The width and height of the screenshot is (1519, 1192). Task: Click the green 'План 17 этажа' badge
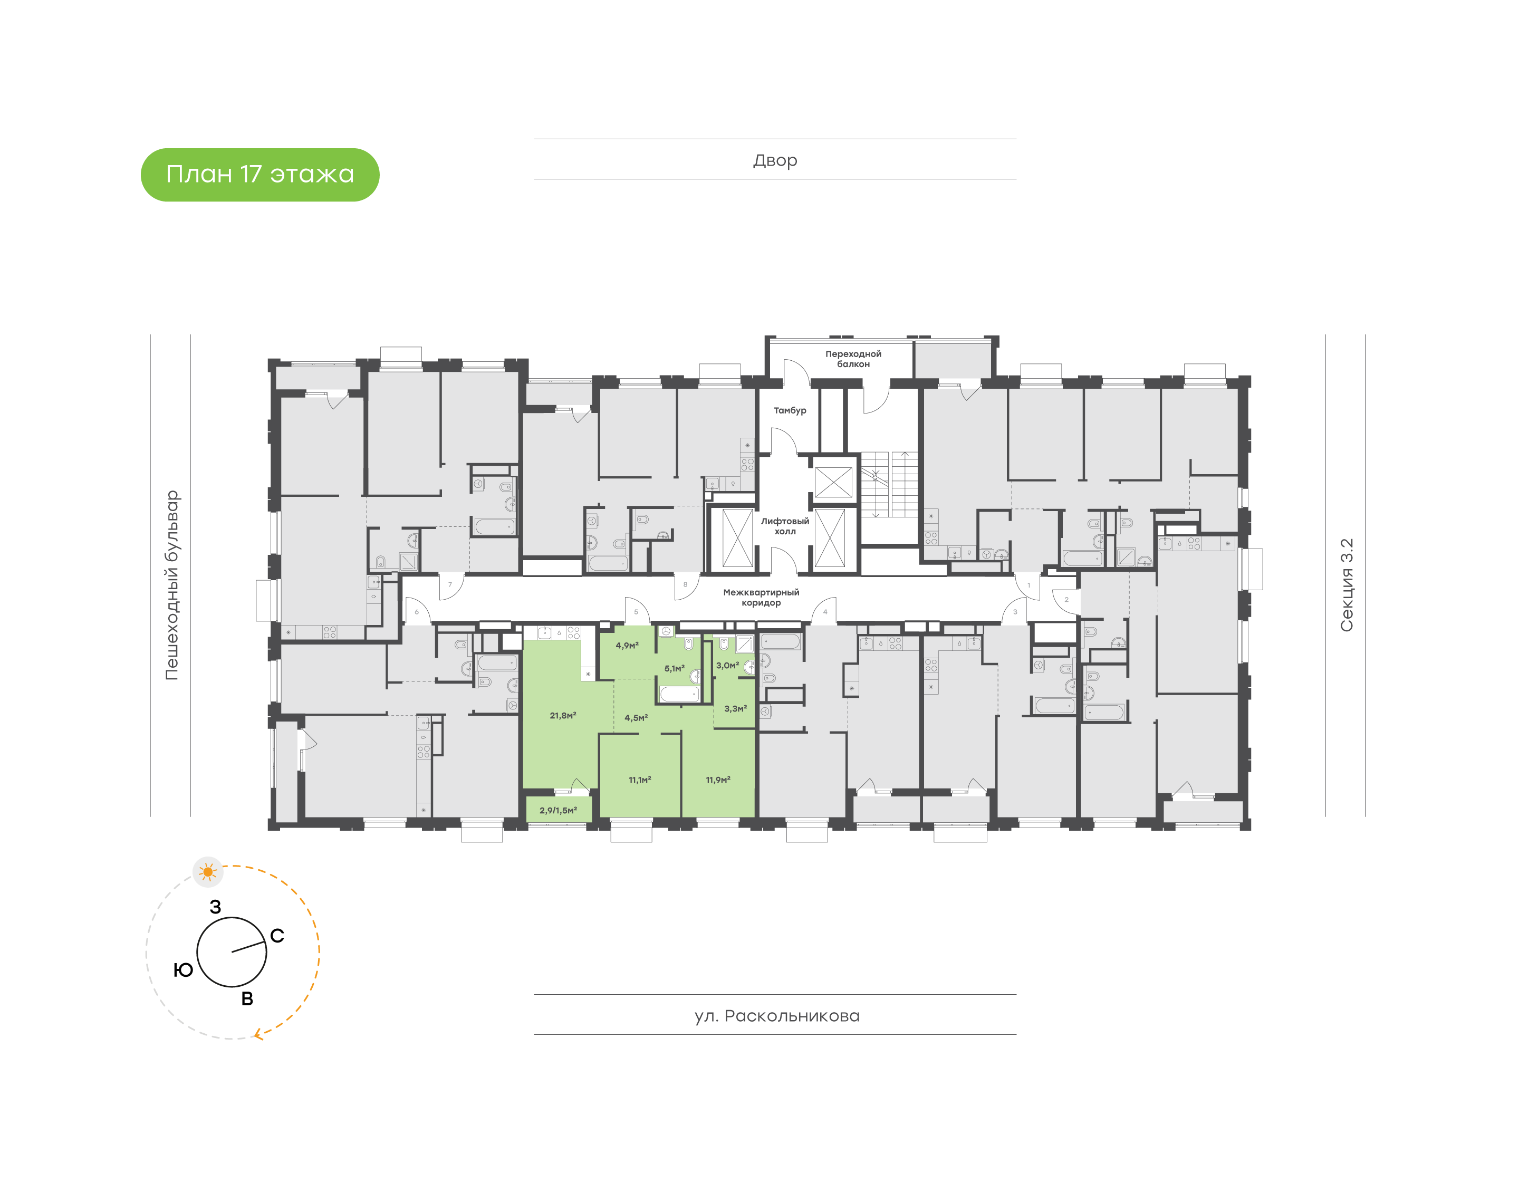259,175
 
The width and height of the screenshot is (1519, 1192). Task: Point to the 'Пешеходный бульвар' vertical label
171,585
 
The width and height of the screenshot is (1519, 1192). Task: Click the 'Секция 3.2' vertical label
1346,585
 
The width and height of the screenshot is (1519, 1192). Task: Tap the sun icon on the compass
207,872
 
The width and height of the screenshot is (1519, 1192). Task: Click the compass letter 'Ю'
183,969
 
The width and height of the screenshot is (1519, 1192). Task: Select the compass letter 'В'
247,998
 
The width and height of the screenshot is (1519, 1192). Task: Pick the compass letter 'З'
216,907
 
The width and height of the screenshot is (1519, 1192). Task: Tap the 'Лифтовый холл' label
785,526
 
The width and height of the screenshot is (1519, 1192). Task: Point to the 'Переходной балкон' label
853,359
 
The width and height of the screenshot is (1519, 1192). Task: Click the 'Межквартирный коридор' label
761,598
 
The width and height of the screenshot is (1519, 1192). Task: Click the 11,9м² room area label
718,780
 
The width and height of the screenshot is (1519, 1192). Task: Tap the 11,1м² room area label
639,780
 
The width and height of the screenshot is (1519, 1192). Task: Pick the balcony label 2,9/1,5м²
557,810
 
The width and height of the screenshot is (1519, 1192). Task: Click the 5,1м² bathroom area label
674,669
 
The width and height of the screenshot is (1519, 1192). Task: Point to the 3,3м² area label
735,708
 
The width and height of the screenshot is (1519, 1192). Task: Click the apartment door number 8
685,584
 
